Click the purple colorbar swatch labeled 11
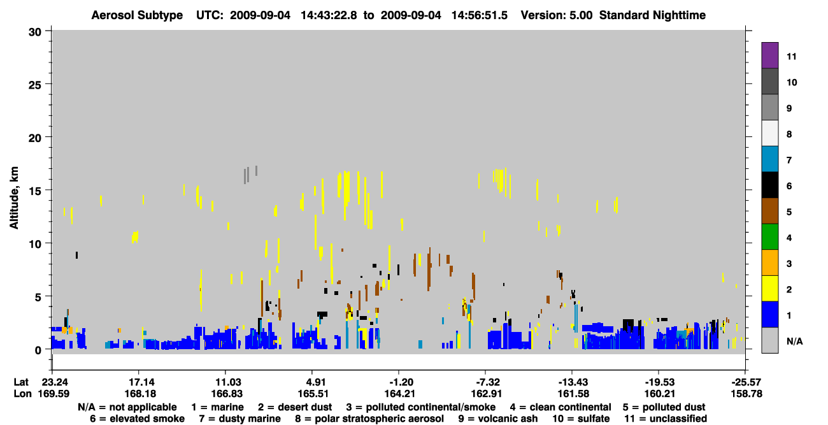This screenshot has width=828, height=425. (x=769, y=55)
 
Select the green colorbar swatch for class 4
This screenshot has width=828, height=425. (x=769, y=237)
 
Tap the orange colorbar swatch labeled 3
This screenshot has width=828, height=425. (x=769, y=263)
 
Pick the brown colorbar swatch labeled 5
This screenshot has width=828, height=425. (x=769, y=211)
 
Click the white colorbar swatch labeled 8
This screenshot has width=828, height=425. (x=769, y=133)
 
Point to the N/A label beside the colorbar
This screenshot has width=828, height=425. (x=794, y=341)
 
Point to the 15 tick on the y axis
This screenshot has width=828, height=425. (x=35, y=191)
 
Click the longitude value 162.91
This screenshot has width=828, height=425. (x=487, y=394)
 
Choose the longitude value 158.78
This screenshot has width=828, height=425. (x=746, y=394)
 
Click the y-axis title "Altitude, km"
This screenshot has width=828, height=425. (x=14, y=198)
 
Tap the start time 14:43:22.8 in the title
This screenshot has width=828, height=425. (x=329, y=15)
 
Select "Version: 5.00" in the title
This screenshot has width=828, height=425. (x=556, y=15)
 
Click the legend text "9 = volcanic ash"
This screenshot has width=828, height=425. (x=498, y=419)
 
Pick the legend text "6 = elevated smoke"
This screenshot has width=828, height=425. (x=137, y=419)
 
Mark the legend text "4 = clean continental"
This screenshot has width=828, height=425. (x=560, y=407)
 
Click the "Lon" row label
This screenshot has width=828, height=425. (x=22, y=394)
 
